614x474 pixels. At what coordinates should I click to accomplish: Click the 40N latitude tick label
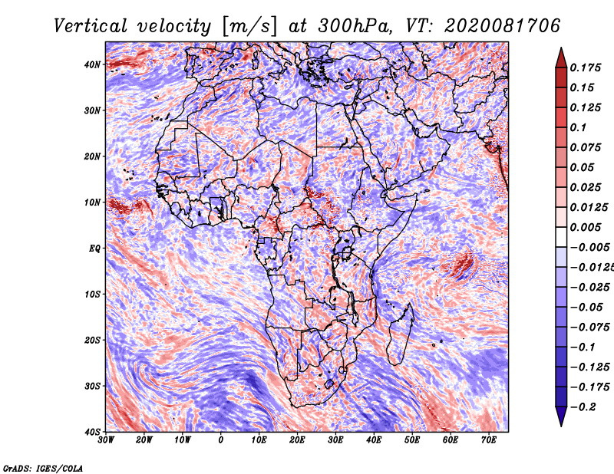click(x=92, y=64)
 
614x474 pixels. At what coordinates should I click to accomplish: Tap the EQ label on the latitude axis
click(x=94, y=249)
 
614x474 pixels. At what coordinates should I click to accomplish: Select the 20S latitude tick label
click(x=92, y=340)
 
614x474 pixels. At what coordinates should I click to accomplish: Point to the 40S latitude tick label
click(x=92, y=432)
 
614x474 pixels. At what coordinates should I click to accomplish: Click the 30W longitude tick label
click(x=106, y=440)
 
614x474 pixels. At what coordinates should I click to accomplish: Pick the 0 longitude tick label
click(x=221, y=440)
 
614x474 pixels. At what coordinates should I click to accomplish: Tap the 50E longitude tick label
click(x=412, y=440)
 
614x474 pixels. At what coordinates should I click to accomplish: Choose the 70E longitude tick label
click(x=489, y=440)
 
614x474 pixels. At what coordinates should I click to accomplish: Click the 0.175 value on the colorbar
click(x=586, y=67)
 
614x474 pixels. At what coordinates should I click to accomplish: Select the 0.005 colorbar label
click(x=586, y=227)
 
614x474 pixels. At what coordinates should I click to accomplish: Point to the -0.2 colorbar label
click(x=583, y=407)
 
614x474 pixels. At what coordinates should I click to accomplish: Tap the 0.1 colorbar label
click(x=578, y=127)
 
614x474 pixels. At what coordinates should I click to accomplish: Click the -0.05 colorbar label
click(x=586, y=308)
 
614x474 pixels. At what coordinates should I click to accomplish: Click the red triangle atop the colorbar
click(x=561, y=58)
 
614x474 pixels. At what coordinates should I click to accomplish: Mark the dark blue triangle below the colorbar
click(x=561, y=416)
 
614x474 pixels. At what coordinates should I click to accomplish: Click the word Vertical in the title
click(x=90, y=26)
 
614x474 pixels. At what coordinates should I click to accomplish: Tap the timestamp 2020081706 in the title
click(x=503, y=26)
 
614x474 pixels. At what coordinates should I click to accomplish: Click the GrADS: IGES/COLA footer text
click(x=43, y=468)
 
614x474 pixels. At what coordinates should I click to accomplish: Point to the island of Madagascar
click(x=401, y=334)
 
